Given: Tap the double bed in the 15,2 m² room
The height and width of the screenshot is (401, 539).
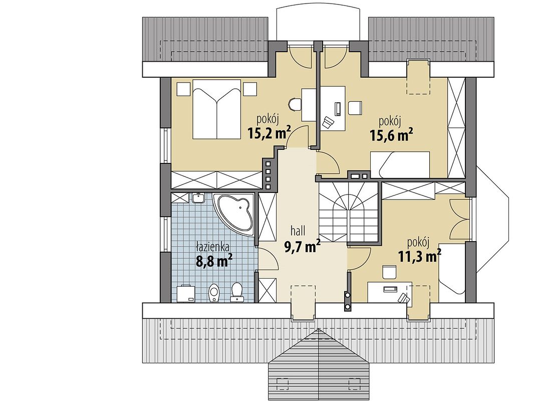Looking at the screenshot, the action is [216, 109].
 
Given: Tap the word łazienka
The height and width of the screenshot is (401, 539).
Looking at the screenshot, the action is [213, 247].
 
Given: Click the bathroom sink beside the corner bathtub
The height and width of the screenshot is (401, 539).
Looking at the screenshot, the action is [198, 198].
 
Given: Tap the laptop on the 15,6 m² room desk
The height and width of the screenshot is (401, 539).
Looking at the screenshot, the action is [338, 109].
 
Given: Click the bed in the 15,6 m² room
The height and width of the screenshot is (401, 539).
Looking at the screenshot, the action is [400, 164].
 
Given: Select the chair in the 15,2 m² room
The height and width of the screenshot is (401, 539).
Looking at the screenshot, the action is [295, 104].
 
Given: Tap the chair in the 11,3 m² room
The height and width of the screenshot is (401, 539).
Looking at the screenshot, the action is [389, 271].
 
